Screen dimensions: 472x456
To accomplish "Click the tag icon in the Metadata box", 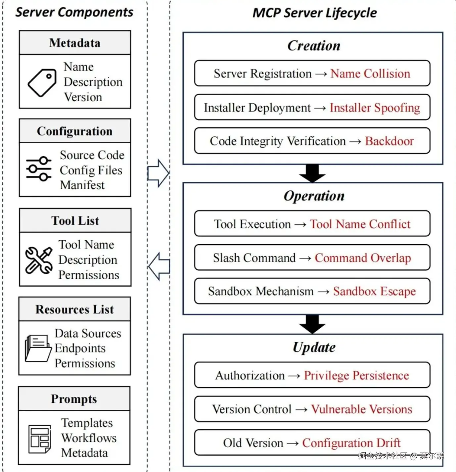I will coord(42,82).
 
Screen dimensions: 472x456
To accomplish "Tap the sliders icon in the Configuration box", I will coord(39,169).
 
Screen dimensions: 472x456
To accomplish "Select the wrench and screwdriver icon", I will coord(39,260).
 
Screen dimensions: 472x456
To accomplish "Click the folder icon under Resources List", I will coord(38,348).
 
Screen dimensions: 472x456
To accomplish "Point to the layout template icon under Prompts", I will coord(40,439).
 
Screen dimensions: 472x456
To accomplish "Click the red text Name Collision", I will coord(370,73).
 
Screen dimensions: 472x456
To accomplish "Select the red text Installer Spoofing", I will coord(375,108).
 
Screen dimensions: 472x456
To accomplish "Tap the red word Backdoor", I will coord(389,141).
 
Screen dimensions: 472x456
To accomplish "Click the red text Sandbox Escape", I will coord(374,291).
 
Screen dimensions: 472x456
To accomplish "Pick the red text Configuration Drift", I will coord(351,443).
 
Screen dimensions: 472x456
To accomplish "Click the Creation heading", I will coord(313,46).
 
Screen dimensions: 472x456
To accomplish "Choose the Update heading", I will coord(314,347).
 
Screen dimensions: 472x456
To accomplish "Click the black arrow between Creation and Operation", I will coord(312,173).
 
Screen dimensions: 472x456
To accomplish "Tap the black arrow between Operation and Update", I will coord(312,324).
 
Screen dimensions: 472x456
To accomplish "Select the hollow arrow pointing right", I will coord(158,173).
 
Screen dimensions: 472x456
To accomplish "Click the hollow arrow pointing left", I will coord(159,266).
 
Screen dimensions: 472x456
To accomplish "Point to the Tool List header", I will coord(75,220).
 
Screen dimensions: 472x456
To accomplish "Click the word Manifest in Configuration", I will coord(82,185).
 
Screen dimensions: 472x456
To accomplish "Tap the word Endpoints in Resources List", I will coord(80,348).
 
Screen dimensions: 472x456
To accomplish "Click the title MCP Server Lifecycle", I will coord(314,13).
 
